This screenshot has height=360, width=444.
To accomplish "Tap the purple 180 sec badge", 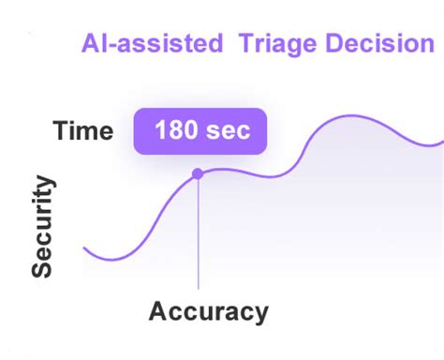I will pos(200,131).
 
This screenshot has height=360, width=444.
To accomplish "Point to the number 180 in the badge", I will pos(177,131).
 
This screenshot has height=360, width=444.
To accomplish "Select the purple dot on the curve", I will pos(198,173).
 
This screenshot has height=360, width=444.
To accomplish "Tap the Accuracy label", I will pos(208,310).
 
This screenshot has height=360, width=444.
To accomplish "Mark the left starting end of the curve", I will pos(84,248).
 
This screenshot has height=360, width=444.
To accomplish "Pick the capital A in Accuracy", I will pos(158,310).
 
